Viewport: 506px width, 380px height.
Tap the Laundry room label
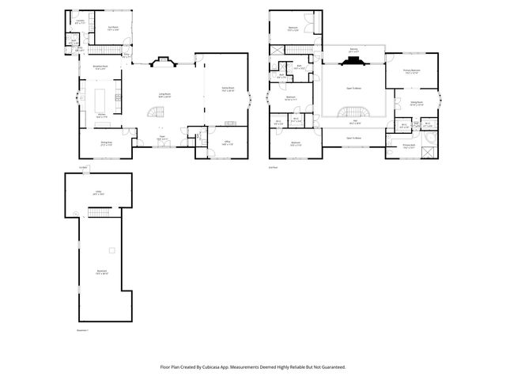[80, 21]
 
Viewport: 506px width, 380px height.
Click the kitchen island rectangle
[102, 100]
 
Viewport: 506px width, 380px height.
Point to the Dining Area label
[106, 143]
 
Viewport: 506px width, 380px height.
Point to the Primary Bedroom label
[410, 70]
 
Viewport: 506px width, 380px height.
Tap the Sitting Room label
[416, 102]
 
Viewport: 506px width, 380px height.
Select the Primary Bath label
[408, 146]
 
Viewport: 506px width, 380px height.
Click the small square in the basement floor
[112, 251]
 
